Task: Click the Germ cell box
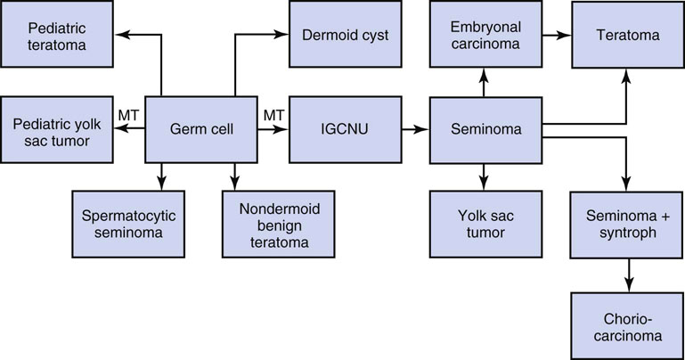[x=201, y=130]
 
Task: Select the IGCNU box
[x=342, y=130]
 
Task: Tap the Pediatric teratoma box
[x=57, y=35]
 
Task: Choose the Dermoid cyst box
[x=342, y=35]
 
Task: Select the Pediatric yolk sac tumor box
[x=57, y=130]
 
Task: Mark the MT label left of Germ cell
[x=130, y=115]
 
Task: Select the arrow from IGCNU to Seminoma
[x=412, y=130]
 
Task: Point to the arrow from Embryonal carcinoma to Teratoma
[x=554, y=35]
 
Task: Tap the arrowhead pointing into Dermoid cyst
[x=284, y=35]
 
